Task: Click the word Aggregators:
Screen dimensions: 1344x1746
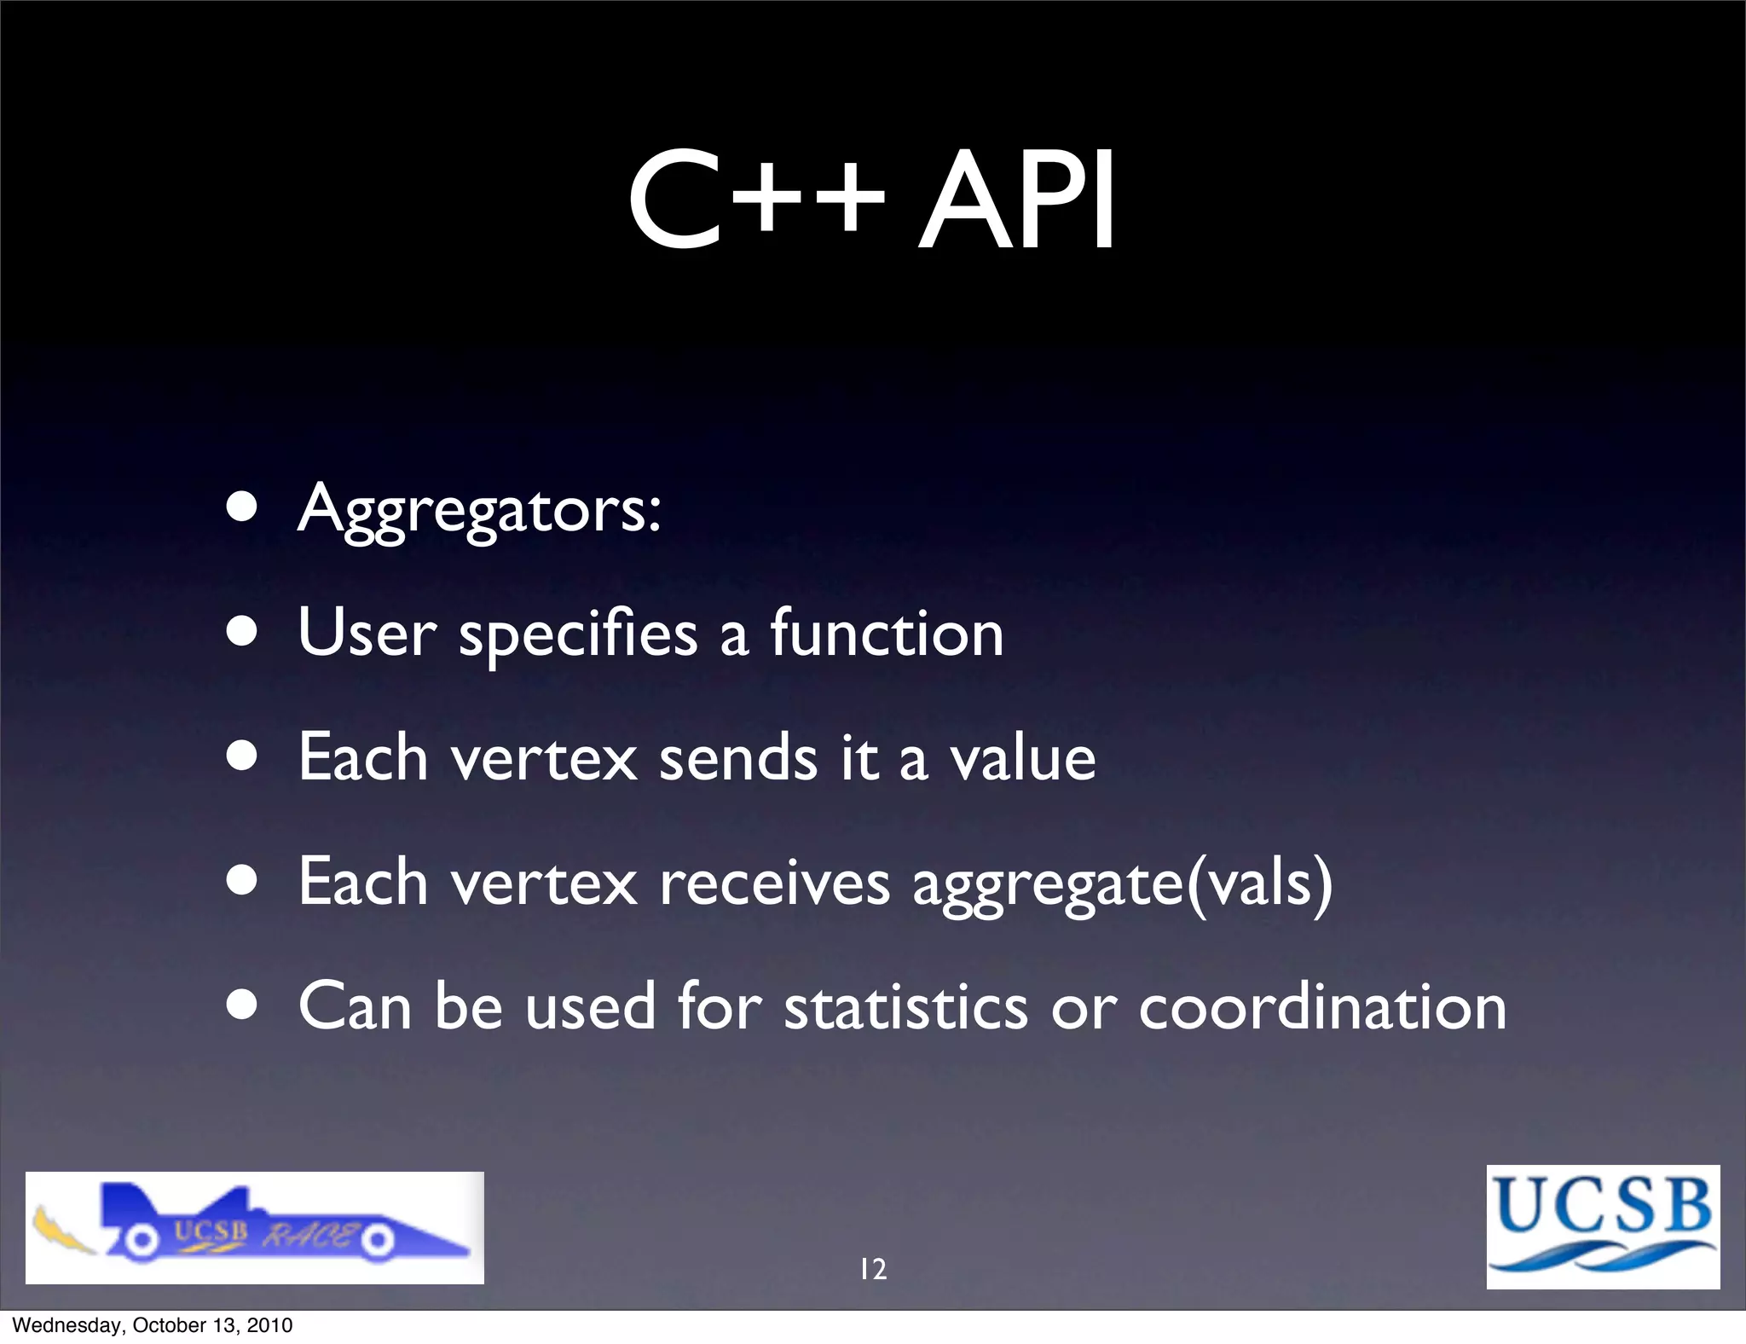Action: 479,510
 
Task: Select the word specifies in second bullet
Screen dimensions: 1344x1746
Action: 578,634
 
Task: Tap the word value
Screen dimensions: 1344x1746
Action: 1023,758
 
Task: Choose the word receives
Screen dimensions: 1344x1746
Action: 774,883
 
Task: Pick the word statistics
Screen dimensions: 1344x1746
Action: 905,1007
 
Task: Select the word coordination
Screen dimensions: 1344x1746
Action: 1322,1007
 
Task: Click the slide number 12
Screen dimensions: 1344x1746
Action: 873,1269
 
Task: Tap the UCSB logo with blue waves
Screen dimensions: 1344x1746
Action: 1603,1226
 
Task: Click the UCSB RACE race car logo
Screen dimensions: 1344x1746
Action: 254,1227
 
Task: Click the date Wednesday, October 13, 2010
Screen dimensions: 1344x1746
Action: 153,1325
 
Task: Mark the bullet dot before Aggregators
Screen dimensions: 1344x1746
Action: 243,509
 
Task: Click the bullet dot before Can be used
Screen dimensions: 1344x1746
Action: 243,1005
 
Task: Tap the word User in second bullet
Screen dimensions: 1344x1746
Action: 367,634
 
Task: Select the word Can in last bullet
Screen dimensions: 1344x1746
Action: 356,1007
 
